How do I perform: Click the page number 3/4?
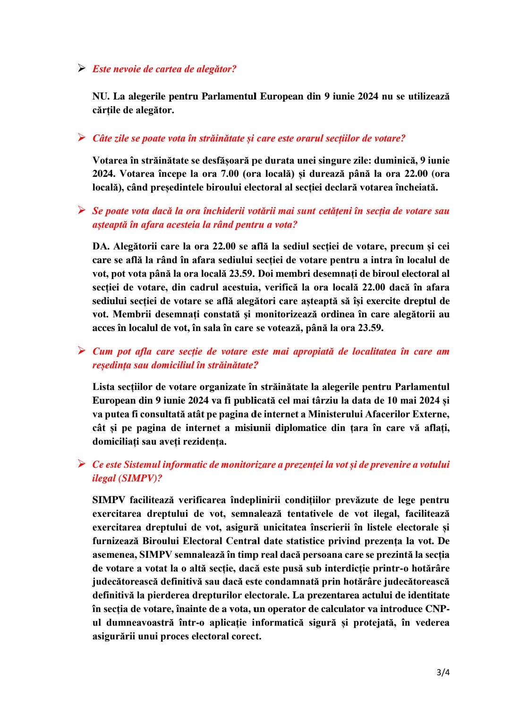[x=442, y=672]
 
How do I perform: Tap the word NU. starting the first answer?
[x=101, y=97]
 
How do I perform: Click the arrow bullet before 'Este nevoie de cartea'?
[x=82, y=69]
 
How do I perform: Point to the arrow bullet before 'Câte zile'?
[x=82, y=138]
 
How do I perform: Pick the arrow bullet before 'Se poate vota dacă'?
[x=82, y=210]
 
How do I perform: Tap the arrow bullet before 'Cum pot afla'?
[x=82, y=351]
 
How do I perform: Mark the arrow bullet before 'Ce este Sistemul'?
[x=82, y=464]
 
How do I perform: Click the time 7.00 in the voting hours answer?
[x=230, y=174]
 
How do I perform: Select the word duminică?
[x=395, y=160]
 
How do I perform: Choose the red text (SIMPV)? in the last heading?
[x=140, y=478]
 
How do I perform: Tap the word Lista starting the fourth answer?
[x=103, y=387]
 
